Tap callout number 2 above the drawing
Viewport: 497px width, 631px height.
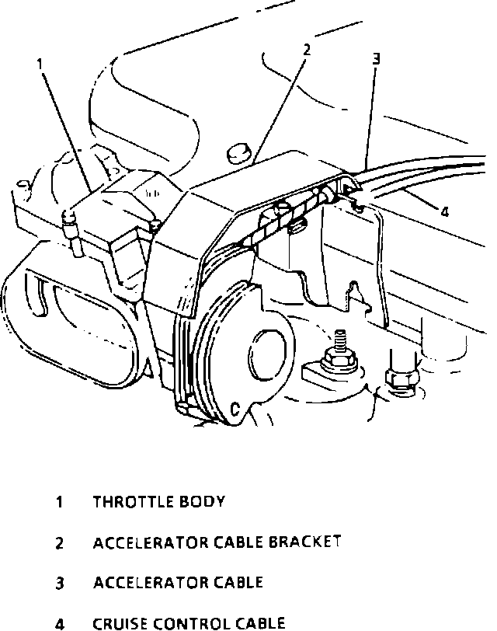(307, 51)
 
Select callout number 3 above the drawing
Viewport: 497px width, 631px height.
(376, 58)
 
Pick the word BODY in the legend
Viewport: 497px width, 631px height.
(203, 501)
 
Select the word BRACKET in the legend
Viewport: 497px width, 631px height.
(304, 542)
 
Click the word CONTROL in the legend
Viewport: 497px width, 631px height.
(186, 622)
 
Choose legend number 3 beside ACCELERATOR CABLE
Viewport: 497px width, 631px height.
(59, 583)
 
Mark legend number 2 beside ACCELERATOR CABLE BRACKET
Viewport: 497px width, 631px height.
(59, 542)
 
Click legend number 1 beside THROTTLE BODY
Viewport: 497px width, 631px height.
(59, 502)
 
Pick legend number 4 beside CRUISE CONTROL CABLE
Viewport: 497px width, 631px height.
(59, 623)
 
